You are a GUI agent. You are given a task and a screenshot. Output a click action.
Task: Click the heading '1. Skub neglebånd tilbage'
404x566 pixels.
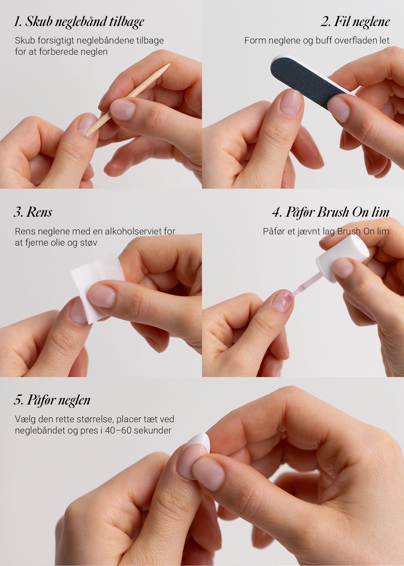coord(79,22)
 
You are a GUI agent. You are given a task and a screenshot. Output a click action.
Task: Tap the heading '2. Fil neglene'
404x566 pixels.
coord(355,22)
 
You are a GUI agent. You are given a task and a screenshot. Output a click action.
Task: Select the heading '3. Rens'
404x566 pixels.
coord(33,212)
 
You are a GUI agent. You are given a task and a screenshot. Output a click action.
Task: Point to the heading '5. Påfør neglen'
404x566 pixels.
coord(52,400)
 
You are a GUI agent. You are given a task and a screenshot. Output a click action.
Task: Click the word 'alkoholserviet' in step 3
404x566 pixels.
coord(133,231)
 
